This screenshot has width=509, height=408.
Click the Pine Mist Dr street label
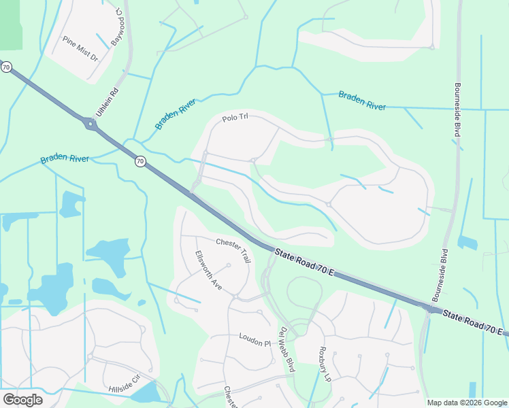coord(80,49)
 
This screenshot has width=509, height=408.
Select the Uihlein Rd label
coord(108,102)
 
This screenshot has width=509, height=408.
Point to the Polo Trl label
coord(235,118)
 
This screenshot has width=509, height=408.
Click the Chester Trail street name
coord(234,248)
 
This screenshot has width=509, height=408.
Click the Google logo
coord(22,400)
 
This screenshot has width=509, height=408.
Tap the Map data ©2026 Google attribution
coord(466,403)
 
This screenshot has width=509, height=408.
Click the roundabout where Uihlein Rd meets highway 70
coord(91,124)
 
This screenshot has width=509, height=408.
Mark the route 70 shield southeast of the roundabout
coord(139,161)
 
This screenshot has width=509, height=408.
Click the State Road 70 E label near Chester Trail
coord(304,262)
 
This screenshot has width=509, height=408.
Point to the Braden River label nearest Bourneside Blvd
coord(362,101)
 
